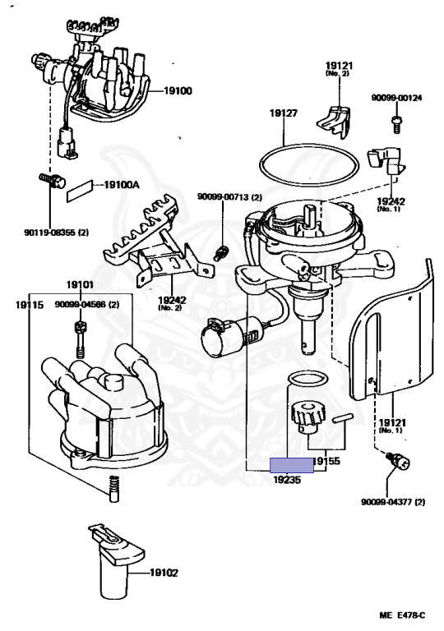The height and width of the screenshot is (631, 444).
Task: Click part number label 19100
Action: click(x=178, y=91)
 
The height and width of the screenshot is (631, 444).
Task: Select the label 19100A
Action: click(x=122, y=185)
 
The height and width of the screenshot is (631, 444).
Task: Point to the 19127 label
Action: click(x=284, y=113)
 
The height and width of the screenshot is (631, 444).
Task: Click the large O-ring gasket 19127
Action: click(x=308, y=146)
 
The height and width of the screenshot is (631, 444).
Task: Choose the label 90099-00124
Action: click(x=396, y=98)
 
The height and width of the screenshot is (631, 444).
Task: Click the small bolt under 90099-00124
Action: click(x=396, y=123)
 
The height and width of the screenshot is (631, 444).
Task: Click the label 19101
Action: click(x=80, y=285)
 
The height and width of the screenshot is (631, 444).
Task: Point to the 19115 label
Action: click(x=30, y=305)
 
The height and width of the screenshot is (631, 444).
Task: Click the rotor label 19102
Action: click(x=164, y=572)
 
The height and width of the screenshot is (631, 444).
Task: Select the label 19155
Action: click(x=326, y=461)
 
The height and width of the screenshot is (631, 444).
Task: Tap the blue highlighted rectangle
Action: click(x=292, y=465)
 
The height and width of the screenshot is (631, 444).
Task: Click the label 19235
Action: click(x=287, y=480)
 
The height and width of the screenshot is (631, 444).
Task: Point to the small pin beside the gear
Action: click(x=343, y=417)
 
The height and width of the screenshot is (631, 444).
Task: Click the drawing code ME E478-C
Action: click(x=402, y=615)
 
